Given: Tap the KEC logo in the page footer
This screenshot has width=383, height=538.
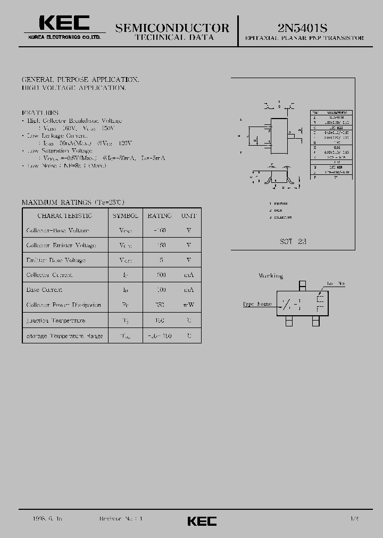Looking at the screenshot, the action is coord(202,521).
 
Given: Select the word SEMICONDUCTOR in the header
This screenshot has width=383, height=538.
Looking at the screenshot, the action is coord(172,28).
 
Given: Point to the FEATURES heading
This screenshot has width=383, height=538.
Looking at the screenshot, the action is coord(40,113).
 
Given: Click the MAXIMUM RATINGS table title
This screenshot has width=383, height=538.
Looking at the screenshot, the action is coord(73,203).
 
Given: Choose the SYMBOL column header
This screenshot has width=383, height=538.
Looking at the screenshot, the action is coord(126,216).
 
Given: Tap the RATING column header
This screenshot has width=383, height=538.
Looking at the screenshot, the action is coord(160,216).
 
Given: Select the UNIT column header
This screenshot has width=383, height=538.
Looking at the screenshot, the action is coord(189,216).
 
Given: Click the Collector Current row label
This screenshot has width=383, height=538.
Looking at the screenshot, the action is coord(49,275).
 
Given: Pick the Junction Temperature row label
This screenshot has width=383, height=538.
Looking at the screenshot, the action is coord(56,321).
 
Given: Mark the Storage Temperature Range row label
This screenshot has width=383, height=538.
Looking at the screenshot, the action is coord(65,336).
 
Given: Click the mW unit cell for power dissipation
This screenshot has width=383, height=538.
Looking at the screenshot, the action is coord(189,305).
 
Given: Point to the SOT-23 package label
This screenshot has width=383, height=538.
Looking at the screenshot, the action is coord(293,241).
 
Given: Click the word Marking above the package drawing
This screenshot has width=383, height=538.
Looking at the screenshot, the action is coord(271,276).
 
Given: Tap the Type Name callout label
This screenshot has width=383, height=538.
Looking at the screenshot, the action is coord(257,304).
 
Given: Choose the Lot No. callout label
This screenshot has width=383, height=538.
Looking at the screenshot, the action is coord(336,283).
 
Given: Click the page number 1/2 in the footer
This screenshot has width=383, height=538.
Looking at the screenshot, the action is coord(354,518).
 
